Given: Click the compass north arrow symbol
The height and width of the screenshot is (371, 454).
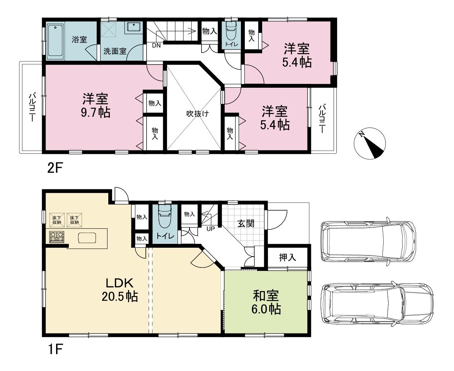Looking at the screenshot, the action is coord(370,143).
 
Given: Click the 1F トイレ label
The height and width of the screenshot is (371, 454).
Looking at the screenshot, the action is coord(166,236).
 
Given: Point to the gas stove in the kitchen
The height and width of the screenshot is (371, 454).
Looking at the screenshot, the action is coord(57,237).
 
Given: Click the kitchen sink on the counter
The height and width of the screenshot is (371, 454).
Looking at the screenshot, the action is coord(87,238).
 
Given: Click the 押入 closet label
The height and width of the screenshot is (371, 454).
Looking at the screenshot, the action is coord(287,257).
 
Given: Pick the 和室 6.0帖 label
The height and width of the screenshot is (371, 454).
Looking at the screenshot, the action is coord(266,303).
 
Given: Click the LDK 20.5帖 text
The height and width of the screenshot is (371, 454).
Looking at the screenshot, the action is coord(119,289).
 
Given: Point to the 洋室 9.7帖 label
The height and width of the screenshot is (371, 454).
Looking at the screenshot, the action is coord(95,105).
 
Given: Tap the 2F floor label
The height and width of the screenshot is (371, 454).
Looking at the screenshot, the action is coord(55,168).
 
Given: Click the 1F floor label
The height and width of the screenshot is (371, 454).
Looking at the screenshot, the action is coord(55,350).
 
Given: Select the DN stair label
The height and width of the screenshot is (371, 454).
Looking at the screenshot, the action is coord(156,46).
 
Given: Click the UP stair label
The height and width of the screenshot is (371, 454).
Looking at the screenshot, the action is coord(210,229).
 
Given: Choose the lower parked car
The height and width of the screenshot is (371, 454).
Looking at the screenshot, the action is coord(377,303).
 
